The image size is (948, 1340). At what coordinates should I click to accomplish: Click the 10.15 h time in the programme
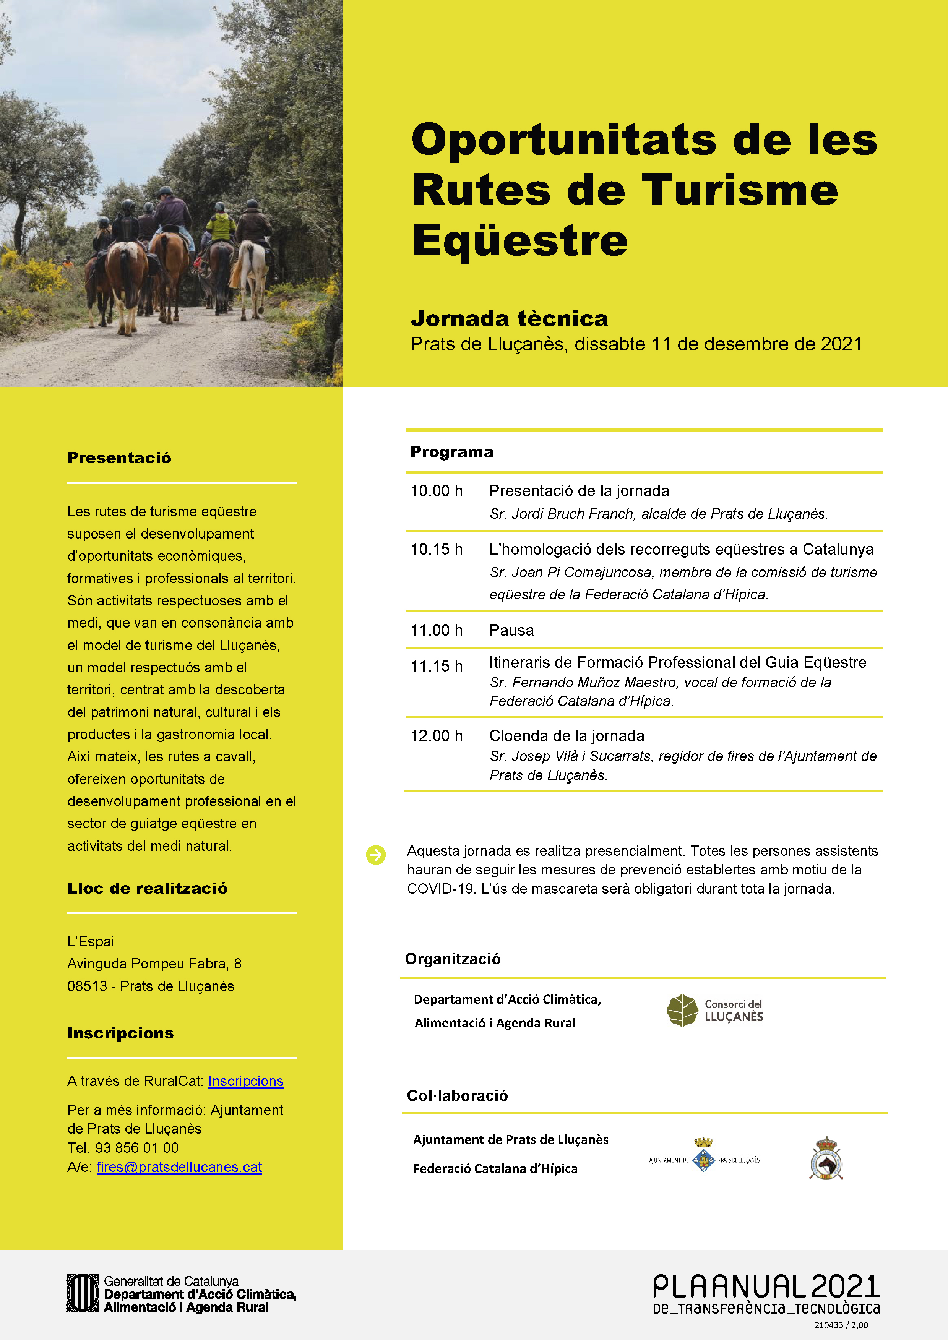[436, 549]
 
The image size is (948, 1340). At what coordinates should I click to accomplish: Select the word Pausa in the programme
[511, 630]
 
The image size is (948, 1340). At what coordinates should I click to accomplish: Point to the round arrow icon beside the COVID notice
[376, 855]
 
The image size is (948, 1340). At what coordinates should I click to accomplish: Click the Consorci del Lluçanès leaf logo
[682, 1010]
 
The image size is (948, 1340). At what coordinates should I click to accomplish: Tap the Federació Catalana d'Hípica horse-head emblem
[825, 1158]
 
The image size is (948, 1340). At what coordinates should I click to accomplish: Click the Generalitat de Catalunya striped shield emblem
[82, 1293]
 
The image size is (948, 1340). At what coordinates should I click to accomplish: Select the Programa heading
[452, 452]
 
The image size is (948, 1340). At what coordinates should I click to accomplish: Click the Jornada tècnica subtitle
[509, 319]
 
